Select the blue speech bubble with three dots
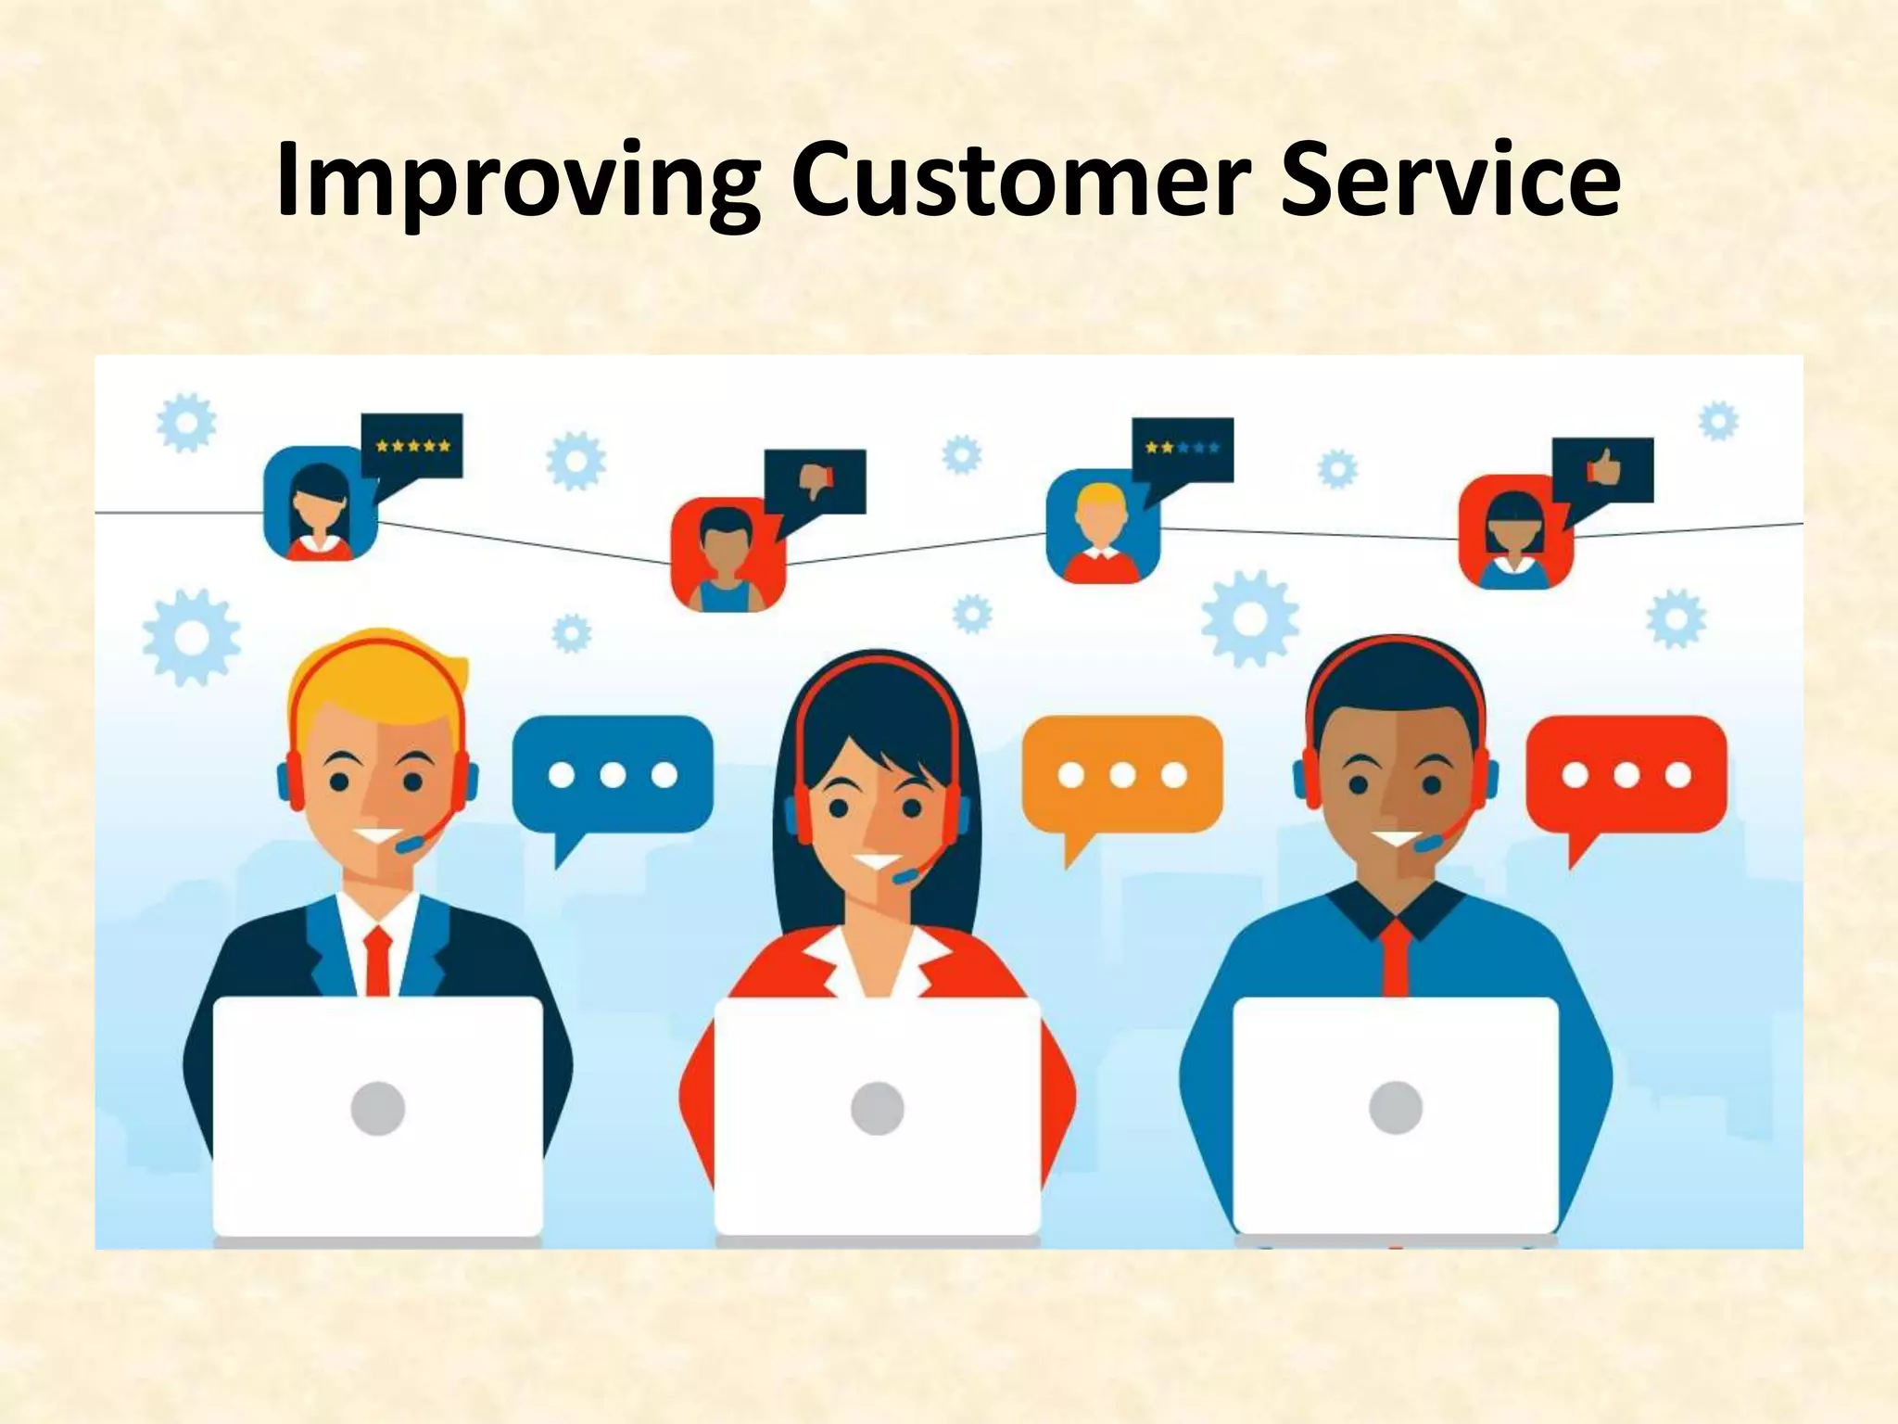click(x=613, y=774)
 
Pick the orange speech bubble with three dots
click(x=1122, y=774)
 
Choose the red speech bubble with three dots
click(x=1626, y=774)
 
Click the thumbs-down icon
click(x=816, y=480)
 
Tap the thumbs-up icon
click(x=1603, y=469)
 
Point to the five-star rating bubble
click(x=412, y=446)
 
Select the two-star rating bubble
click(x=1183, y=449)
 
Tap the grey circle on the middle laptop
click(x=877, y=1108)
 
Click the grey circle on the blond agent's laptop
click(x=378, y=1108)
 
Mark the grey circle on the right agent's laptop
click(x=1395, y=1108)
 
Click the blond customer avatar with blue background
click(x=1102, y=526)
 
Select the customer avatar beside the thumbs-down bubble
click(x=728, y=554)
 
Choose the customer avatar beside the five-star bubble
click(x=321, y=503)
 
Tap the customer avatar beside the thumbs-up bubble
click(x=1514, y=532)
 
